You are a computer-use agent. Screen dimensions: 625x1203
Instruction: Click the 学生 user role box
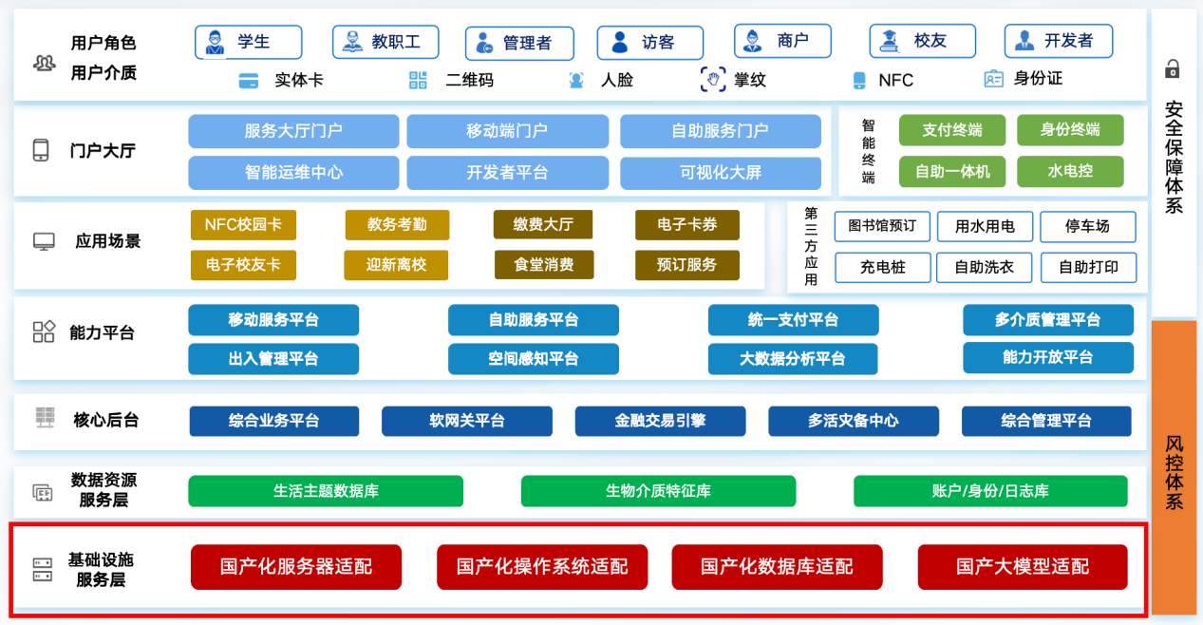coord(249,43)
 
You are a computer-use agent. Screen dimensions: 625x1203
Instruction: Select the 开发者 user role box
coord(1059,42)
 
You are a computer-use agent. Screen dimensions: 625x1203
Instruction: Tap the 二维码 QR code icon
coord(418,80)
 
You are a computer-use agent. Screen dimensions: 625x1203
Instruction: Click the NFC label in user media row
coord(895,81)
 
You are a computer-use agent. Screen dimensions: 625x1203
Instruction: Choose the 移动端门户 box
coord(507,131)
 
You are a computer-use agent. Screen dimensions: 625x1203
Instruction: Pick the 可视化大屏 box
coord(721,173)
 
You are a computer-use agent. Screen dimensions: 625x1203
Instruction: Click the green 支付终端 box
coord(952,130)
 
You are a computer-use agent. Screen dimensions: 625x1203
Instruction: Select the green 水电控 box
coord(1070,172)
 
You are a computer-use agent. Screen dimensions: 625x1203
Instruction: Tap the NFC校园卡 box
coord(243,225)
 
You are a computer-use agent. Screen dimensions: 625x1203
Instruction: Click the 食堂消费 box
coord(544,265)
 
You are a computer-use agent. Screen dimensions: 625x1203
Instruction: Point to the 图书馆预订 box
coord(882,226)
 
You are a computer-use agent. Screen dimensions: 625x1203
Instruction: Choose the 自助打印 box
coord(1087,268)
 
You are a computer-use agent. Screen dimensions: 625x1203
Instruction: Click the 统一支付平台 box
coord(793,320)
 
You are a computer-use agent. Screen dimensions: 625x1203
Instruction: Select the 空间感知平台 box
coord(534,359)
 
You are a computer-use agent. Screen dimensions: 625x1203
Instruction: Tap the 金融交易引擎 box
coord(660,421)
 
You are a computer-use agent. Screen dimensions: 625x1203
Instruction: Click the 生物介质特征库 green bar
coord(658,491)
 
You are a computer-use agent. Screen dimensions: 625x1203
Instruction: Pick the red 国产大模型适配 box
coord(1023,567)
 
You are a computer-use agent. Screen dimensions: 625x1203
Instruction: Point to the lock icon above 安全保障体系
coord(1173,69)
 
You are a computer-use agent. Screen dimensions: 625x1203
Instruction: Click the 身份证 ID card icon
coord(993,79)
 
